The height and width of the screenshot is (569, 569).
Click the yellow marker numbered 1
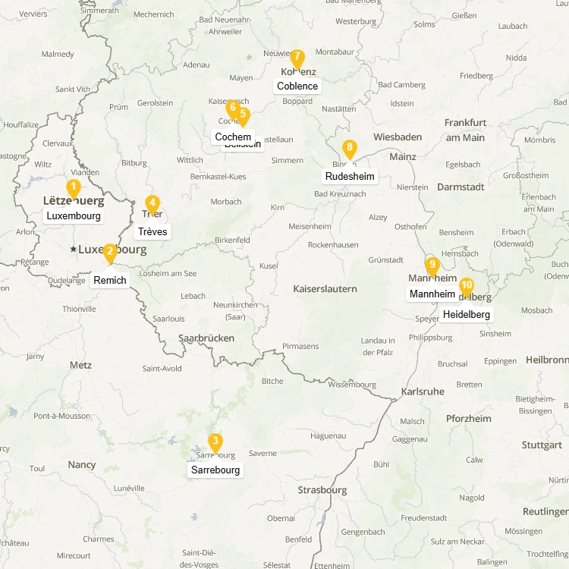tap(74, 188)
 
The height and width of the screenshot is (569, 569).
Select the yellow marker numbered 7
tap(297, 58)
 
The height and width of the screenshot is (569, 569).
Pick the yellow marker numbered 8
tap(349, 149)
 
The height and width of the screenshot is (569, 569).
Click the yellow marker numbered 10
tap(467, 287)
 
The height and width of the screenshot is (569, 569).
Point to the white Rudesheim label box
tap(350, 176)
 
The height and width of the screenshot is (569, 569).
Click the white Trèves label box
tap(152, 231)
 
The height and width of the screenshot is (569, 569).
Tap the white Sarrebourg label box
tap(215, 470)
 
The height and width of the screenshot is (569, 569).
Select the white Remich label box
tap(110, 280)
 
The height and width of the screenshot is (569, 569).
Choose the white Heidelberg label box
tap(467, 314)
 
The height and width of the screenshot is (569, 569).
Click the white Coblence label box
tap(297, 86)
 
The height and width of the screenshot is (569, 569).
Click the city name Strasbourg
tap(322, 489)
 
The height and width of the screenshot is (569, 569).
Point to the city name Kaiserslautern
tap(325, 288)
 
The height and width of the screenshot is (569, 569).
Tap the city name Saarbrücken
tap(206, 338)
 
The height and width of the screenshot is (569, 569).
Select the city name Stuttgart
tap(542, 445)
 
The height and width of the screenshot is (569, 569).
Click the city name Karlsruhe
tap(423, 391)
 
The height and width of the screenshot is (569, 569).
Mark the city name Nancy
tap(82, 464)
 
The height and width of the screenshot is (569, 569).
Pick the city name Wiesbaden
tap(398, 137)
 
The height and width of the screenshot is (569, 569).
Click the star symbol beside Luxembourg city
tap(73, 249)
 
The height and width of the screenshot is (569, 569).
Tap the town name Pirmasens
tap(300, 346)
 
